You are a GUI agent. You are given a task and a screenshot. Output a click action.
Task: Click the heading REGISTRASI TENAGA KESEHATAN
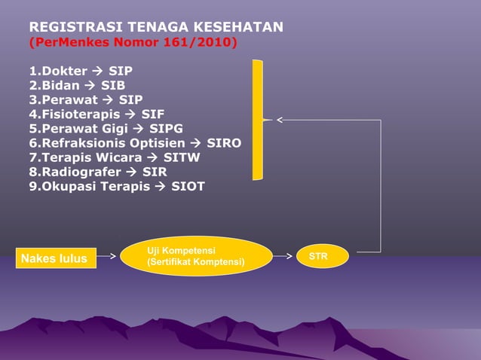click(156, 28)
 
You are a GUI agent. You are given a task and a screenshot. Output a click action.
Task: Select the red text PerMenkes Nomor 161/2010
click(133, 43)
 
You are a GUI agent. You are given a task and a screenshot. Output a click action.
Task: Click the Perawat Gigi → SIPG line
click(106, 128)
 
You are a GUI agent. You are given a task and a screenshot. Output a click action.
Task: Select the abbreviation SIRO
click(224, 142)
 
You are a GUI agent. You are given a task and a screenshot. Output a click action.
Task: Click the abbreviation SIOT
click(188, 186)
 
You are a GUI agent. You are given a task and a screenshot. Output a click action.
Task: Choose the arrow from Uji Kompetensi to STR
click(283, 256)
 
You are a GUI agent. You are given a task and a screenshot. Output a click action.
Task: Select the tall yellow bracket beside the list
click(259, 119)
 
